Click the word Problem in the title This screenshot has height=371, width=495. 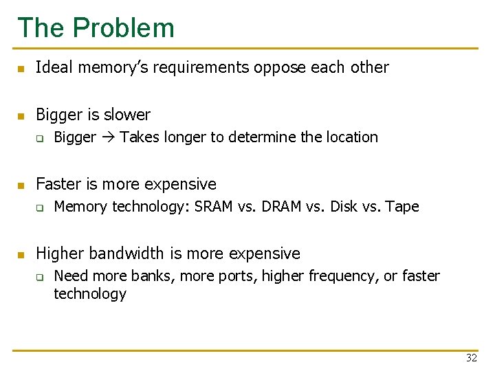124,27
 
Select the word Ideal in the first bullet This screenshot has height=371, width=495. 52,67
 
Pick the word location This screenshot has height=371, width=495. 352,137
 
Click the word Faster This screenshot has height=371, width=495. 57,184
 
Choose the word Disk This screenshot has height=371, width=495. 343,207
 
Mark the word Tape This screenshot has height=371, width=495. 403,207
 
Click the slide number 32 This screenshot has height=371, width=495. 471,357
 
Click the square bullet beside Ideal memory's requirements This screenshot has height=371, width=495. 21,68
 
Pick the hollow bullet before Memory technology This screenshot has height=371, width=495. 40,207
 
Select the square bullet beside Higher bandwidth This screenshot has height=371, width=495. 21,254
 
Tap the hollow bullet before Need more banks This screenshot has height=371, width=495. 40,277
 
